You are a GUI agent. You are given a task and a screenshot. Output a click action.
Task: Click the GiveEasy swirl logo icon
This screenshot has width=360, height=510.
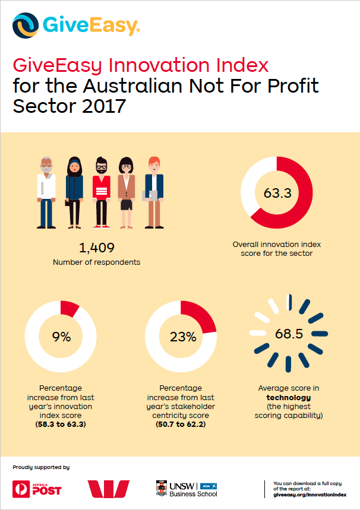[26, 26]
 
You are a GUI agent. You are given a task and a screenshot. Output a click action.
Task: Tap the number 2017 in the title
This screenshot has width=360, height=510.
[104, 106]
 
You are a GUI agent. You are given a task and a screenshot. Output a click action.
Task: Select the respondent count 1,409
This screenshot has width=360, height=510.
[97, 248]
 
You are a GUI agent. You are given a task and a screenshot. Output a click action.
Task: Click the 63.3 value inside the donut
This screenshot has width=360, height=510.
[277, 193]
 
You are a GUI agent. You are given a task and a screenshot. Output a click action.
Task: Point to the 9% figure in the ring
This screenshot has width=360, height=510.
[62, 337]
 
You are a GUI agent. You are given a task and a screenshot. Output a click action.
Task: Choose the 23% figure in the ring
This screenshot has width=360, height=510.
[183, 337]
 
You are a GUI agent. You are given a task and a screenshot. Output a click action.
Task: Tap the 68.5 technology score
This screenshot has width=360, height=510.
[289, 334]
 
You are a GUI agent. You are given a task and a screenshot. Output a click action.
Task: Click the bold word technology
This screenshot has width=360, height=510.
[289, 397]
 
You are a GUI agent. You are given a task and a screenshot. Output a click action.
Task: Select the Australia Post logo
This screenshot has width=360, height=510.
[37, 489]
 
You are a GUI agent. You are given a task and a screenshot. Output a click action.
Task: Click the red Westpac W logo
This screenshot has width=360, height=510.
[108, 489]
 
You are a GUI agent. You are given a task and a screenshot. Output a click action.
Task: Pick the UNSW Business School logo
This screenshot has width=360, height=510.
[187, 489]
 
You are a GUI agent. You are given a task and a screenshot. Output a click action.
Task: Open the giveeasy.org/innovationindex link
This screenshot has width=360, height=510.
[310, 495]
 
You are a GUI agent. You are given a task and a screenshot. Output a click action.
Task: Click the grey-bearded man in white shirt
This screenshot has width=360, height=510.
[46, 192]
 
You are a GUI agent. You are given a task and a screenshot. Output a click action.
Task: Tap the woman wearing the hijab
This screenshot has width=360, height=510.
[74, 192]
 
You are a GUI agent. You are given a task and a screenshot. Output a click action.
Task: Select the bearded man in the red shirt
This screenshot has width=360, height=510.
[102, 192]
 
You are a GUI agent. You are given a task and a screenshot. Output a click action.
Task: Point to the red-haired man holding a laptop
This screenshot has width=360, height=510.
[154, 192]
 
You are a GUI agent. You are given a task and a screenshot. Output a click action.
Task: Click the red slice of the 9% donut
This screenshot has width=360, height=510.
[70, 308]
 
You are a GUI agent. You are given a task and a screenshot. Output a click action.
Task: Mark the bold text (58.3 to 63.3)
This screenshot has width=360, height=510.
[61, 425]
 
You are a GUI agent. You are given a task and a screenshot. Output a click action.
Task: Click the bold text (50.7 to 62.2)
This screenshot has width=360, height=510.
[181, 425]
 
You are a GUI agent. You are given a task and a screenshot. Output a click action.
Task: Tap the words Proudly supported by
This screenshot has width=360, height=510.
[41, 467]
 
